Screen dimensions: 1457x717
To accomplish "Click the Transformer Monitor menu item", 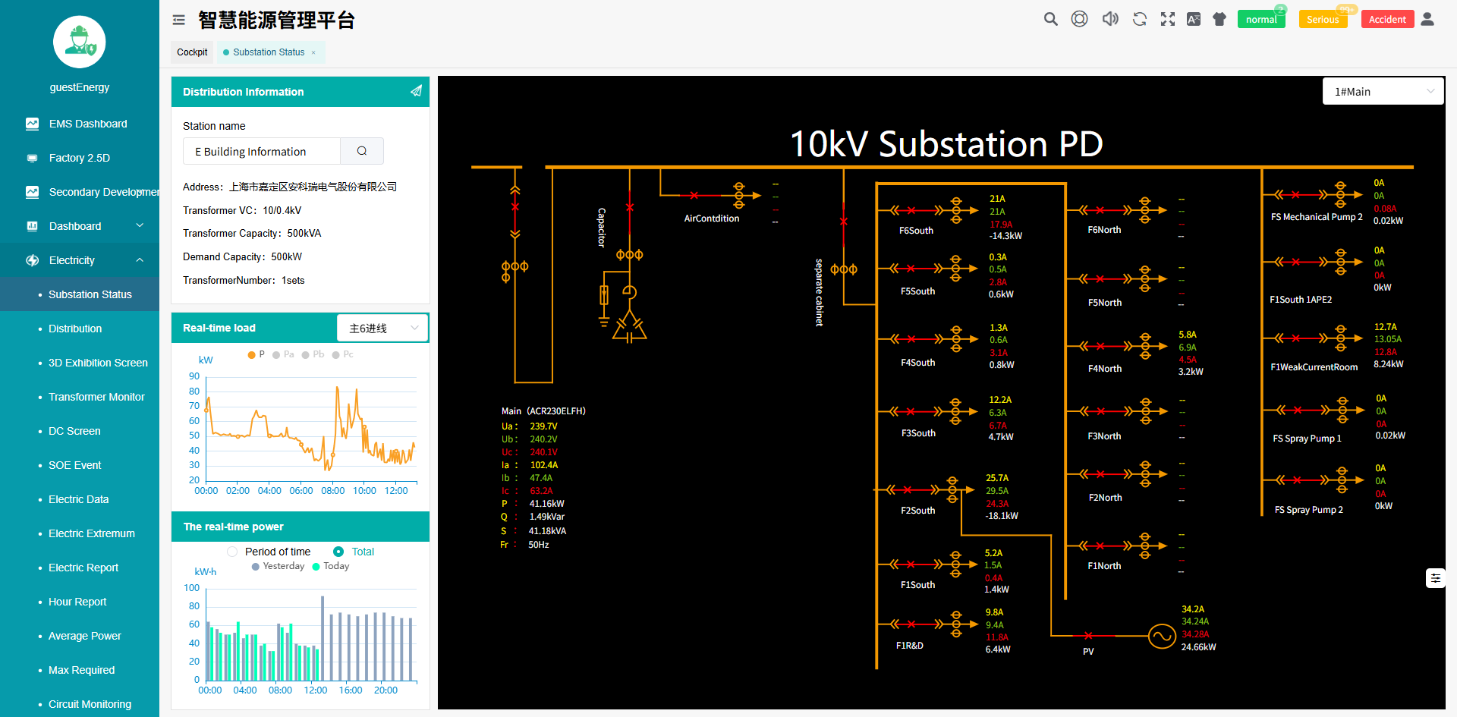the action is [96, 397].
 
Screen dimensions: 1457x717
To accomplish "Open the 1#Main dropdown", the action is [1383, 92].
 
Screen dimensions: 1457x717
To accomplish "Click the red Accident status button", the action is [1387, 20].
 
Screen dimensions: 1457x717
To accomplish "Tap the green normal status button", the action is [1260, 20].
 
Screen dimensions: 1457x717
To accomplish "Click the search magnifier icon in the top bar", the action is [1050, 19].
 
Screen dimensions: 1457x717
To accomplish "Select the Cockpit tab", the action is [192, 52].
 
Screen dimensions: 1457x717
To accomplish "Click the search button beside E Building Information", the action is [362, 151].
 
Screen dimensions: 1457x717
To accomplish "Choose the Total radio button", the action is [338, 552].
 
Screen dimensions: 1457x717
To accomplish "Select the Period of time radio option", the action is [233, 552].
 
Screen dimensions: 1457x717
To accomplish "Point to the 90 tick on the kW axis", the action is [194, 376].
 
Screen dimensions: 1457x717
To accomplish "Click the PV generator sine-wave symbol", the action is [1161, 636].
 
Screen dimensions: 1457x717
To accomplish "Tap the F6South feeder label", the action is [916, 231].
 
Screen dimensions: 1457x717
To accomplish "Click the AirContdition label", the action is [712, 219].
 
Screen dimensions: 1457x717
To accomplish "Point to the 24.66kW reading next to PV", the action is [1198, 647].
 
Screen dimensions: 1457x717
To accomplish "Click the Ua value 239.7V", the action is [543, 426].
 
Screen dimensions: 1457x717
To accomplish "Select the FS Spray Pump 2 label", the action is [1308, 510].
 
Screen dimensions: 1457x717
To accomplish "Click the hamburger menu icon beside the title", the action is [179, 20].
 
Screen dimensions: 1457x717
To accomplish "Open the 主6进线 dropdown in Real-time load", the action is [382, 328].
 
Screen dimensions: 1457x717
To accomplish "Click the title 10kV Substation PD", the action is [946, 144].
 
